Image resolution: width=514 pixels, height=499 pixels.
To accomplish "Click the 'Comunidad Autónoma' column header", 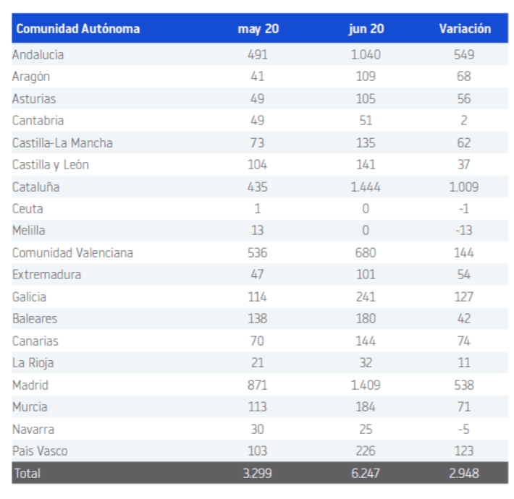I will tap(77, 29).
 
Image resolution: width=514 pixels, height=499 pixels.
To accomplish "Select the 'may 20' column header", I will tap(258, 29).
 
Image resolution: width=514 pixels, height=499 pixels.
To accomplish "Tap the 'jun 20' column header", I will tap(366, 29).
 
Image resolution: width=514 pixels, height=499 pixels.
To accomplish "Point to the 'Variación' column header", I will tap(464, 29).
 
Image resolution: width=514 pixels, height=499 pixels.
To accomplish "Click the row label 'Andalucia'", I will tap(38, 54).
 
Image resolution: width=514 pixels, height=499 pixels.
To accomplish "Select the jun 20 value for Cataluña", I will tap(366, 187).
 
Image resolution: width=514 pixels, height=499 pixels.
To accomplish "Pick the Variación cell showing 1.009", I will tap(464, 187).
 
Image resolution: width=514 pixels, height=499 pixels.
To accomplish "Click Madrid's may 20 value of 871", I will tap(258, 385).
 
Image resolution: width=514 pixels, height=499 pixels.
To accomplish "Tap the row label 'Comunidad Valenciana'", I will tap(72, 252).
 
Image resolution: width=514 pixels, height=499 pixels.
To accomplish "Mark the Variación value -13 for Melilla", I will tap(464, 231).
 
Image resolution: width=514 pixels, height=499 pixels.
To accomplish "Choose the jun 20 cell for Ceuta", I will tap(366, 209).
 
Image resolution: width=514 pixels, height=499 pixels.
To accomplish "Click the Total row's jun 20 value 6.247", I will tap(366, 474).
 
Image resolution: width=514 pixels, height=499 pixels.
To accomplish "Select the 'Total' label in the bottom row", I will tap(27, 474).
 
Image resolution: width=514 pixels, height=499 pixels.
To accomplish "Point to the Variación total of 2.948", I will tap(464, 474).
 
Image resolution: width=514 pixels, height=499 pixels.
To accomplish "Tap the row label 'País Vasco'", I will tap(40, 451).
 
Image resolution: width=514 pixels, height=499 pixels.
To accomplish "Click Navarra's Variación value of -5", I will tap(464, 429).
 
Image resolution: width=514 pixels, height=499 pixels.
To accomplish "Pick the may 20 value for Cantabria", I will tap(258, 120).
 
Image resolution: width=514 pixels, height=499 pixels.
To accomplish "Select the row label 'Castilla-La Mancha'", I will tap(62, 142).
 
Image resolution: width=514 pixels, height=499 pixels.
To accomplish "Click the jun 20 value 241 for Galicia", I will tap(366, 297).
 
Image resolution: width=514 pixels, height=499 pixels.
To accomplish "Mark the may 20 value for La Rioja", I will tap(258, 362).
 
